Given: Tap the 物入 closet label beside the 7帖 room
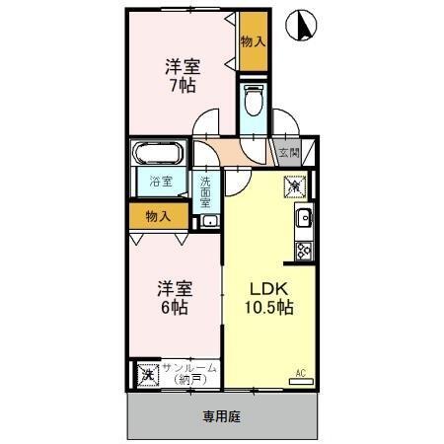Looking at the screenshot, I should click(x=253, y=41).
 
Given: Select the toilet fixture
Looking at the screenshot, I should click(x=253, y=100).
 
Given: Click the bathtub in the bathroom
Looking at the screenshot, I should click(x=159, y=156).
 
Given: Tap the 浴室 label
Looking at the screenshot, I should click(x=160, y=184).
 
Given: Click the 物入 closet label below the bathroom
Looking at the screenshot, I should click(x=157, y=215).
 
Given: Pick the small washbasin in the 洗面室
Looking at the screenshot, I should click(x=208, y=221).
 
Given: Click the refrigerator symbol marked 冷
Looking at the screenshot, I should click(x=297, y=185).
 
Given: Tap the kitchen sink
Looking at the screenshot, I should click(x=304, y=218).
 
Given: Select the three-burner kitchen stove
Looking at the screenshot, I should click(x=303, y=251).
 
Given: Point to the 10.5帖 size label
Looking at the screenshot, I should click(x=269, y=307).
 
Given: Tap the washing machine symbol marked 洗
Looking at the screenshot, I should click(x=147, y=374).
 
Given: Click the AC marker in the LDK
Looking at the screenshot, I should click(x=302, y=374).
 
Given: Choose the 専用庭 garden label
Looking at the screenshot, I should click(x=222, y=415).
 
